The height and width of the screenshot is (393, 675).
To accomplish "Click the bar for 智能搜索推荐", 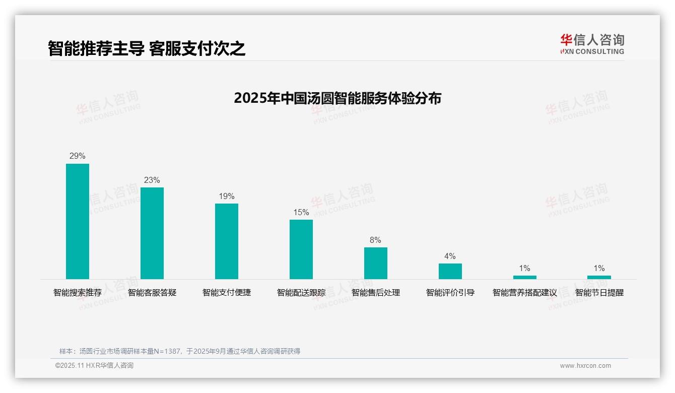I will [78, 221].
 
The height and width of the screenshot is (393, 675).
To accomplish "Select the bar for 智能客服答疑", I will [152, 233].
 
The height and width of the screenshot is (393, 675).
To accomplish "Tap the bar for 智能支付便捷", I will [227, 241].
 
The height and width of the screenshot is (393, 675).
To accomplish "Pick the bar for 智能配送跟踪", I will [301, 249].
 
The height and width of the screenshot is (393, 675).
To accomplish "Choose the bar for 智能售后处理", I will [376, 263].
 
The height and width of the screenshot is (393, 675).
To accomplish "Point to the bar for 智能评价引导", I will [450, 271].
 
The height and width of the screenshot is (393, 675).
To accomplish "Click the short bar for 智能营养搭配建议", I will [525, 277].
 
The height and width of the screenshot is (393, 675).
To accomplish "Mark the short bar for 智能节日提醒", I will [599, 277].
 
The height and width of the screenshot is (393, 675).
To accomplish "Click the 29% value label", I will [78, 156].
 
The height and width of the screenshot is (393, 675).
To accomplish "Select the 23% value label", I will [152, 180].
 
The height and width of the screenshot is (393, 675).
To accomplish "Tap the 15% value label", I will [301, 213].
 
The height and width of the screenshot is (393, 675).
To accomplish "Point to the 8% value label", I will [376, 240].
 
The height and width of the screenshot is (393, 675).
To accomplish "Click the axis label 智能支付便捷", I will [227, 293].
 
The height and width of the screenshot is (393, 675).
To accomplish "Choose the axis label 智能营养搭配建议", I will [525, 293].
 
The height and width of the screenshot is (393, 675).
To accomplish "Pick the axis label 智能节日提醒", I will [599, 293].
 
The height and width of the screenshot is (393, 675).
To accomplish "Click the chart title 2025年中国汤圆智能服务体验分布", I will [337, 98].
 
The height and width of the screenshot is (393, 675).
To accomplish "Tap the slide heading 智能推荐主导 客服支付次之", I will [147, 48].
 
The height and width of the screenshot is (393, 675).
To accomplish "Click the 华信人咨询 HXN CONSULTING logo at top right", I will [592, 44].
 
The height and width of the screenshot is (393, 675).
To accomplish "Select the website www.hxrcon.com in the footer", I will [585, 366].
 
